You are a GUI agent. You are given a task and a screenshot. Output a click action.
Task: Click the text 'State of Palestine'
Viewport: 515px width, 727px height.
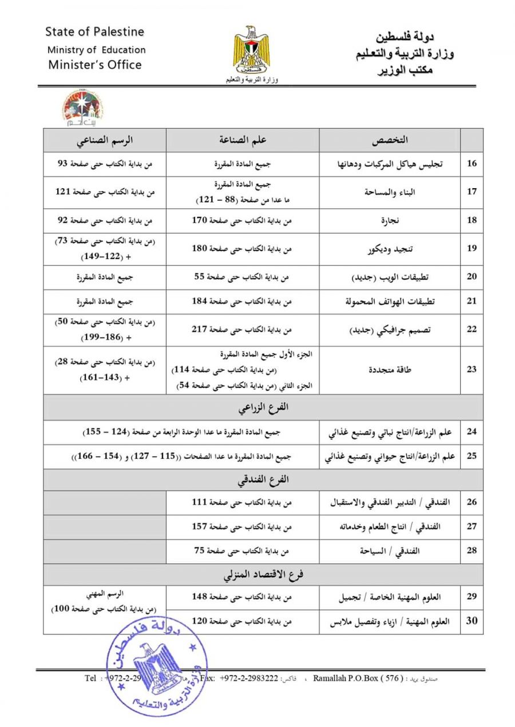(94, 31)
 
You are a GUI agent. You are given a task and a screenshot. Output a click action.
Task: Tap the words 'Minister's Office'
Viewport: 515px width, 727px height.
(94, 65)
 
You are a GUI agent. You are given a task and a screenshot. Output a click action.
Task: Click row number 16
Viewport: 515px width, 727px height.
(472, 164)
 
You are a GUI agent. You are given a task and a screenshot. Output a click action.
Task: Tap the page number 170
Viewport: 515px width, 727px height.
(201, 220)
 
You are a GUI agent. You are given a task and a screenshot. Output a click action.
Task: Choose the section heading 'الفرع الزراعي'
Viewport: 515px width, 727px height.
(263, 408)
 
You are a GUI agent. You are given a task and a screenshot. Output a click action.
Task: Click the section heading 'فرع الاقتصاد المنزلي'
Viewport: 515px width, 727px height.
(263, 575)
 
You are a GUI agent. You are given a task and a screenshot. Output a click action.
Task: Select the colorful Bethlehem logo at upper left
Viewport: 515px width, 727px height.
(82, 108)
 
